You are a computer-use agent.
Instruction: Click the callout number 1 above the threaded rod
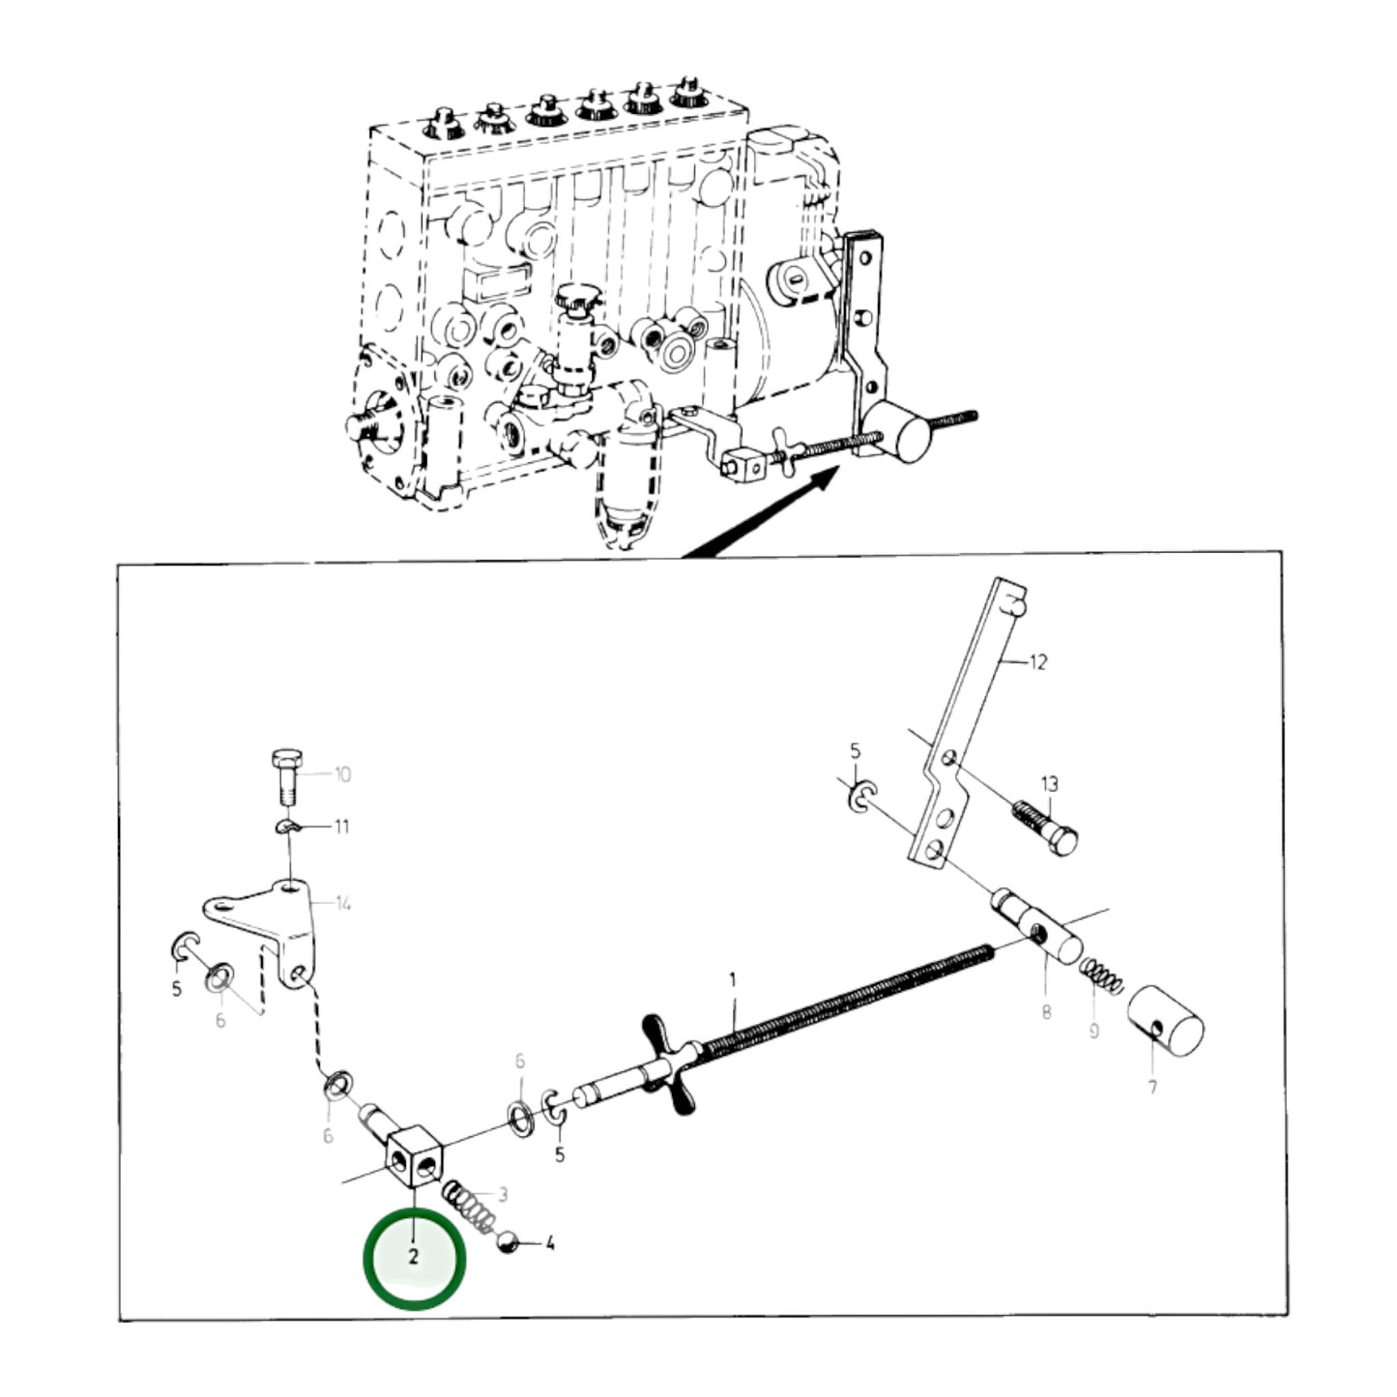[x=733, y=980]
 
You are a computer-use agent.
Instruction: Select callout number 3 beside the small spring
[x=503, y=1194]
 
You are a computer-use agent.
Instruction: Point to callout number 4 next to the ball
[x=550, y=1244]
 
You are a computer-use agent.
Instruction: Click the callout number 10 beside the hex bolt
[x=342, y=774]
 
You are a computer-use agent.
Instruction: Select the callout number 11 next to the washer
[x=341, y=827]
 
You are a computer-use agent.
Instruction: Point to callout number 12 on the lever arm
[x=1038, y=662]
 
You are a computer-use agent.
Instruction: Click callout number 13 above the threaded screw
[x=1050, y=784]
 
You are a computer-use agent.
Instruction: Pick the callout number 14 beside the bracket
[x=343, y=903]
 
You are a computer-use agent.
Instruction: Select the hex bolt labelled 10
[x=288, y=777]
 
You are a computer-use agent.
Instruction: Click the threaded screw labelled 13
[x=1045, y=828]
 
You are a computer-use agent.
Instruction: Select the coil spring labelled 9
[x=1101, y=976]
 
